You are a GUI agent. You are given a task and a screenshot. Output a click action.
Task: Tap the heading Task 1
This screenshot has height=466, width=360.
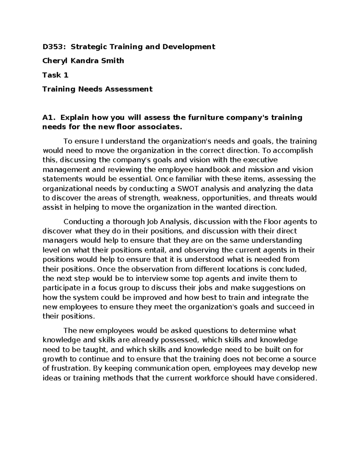coord(55,75)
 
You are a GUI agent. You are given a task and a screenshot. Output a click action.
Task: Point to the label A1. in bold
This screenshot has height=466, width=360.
coord(49,117)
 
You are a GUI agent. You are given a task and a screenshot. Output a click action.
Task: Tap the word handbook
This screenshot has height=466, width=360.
coord(215,170)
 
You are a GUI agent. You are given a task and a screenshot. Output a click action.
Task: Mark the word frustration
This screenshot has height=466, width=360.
coord(70,368)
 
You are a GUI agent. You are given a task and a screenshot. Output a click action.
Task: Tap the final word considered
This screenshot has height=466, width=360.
coord(296,378)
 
